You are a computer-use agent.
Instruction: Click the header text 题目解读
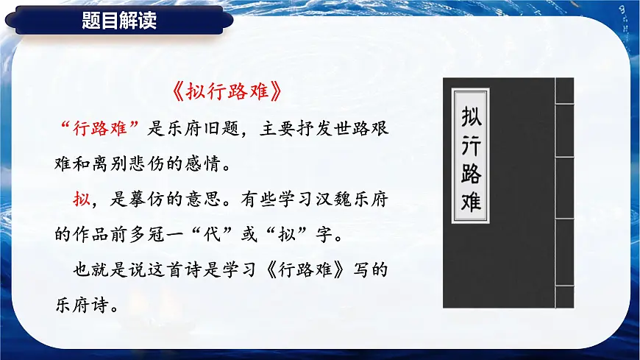click(x=119, y=21)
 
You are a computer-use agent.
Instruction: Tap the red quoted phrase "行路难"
click(x=99, y=127)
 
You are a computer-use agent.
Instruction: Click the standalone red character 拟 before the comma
click(x=81, y=200)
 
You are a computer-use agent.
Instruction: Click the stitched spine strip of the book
click(x=564, y=191)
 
